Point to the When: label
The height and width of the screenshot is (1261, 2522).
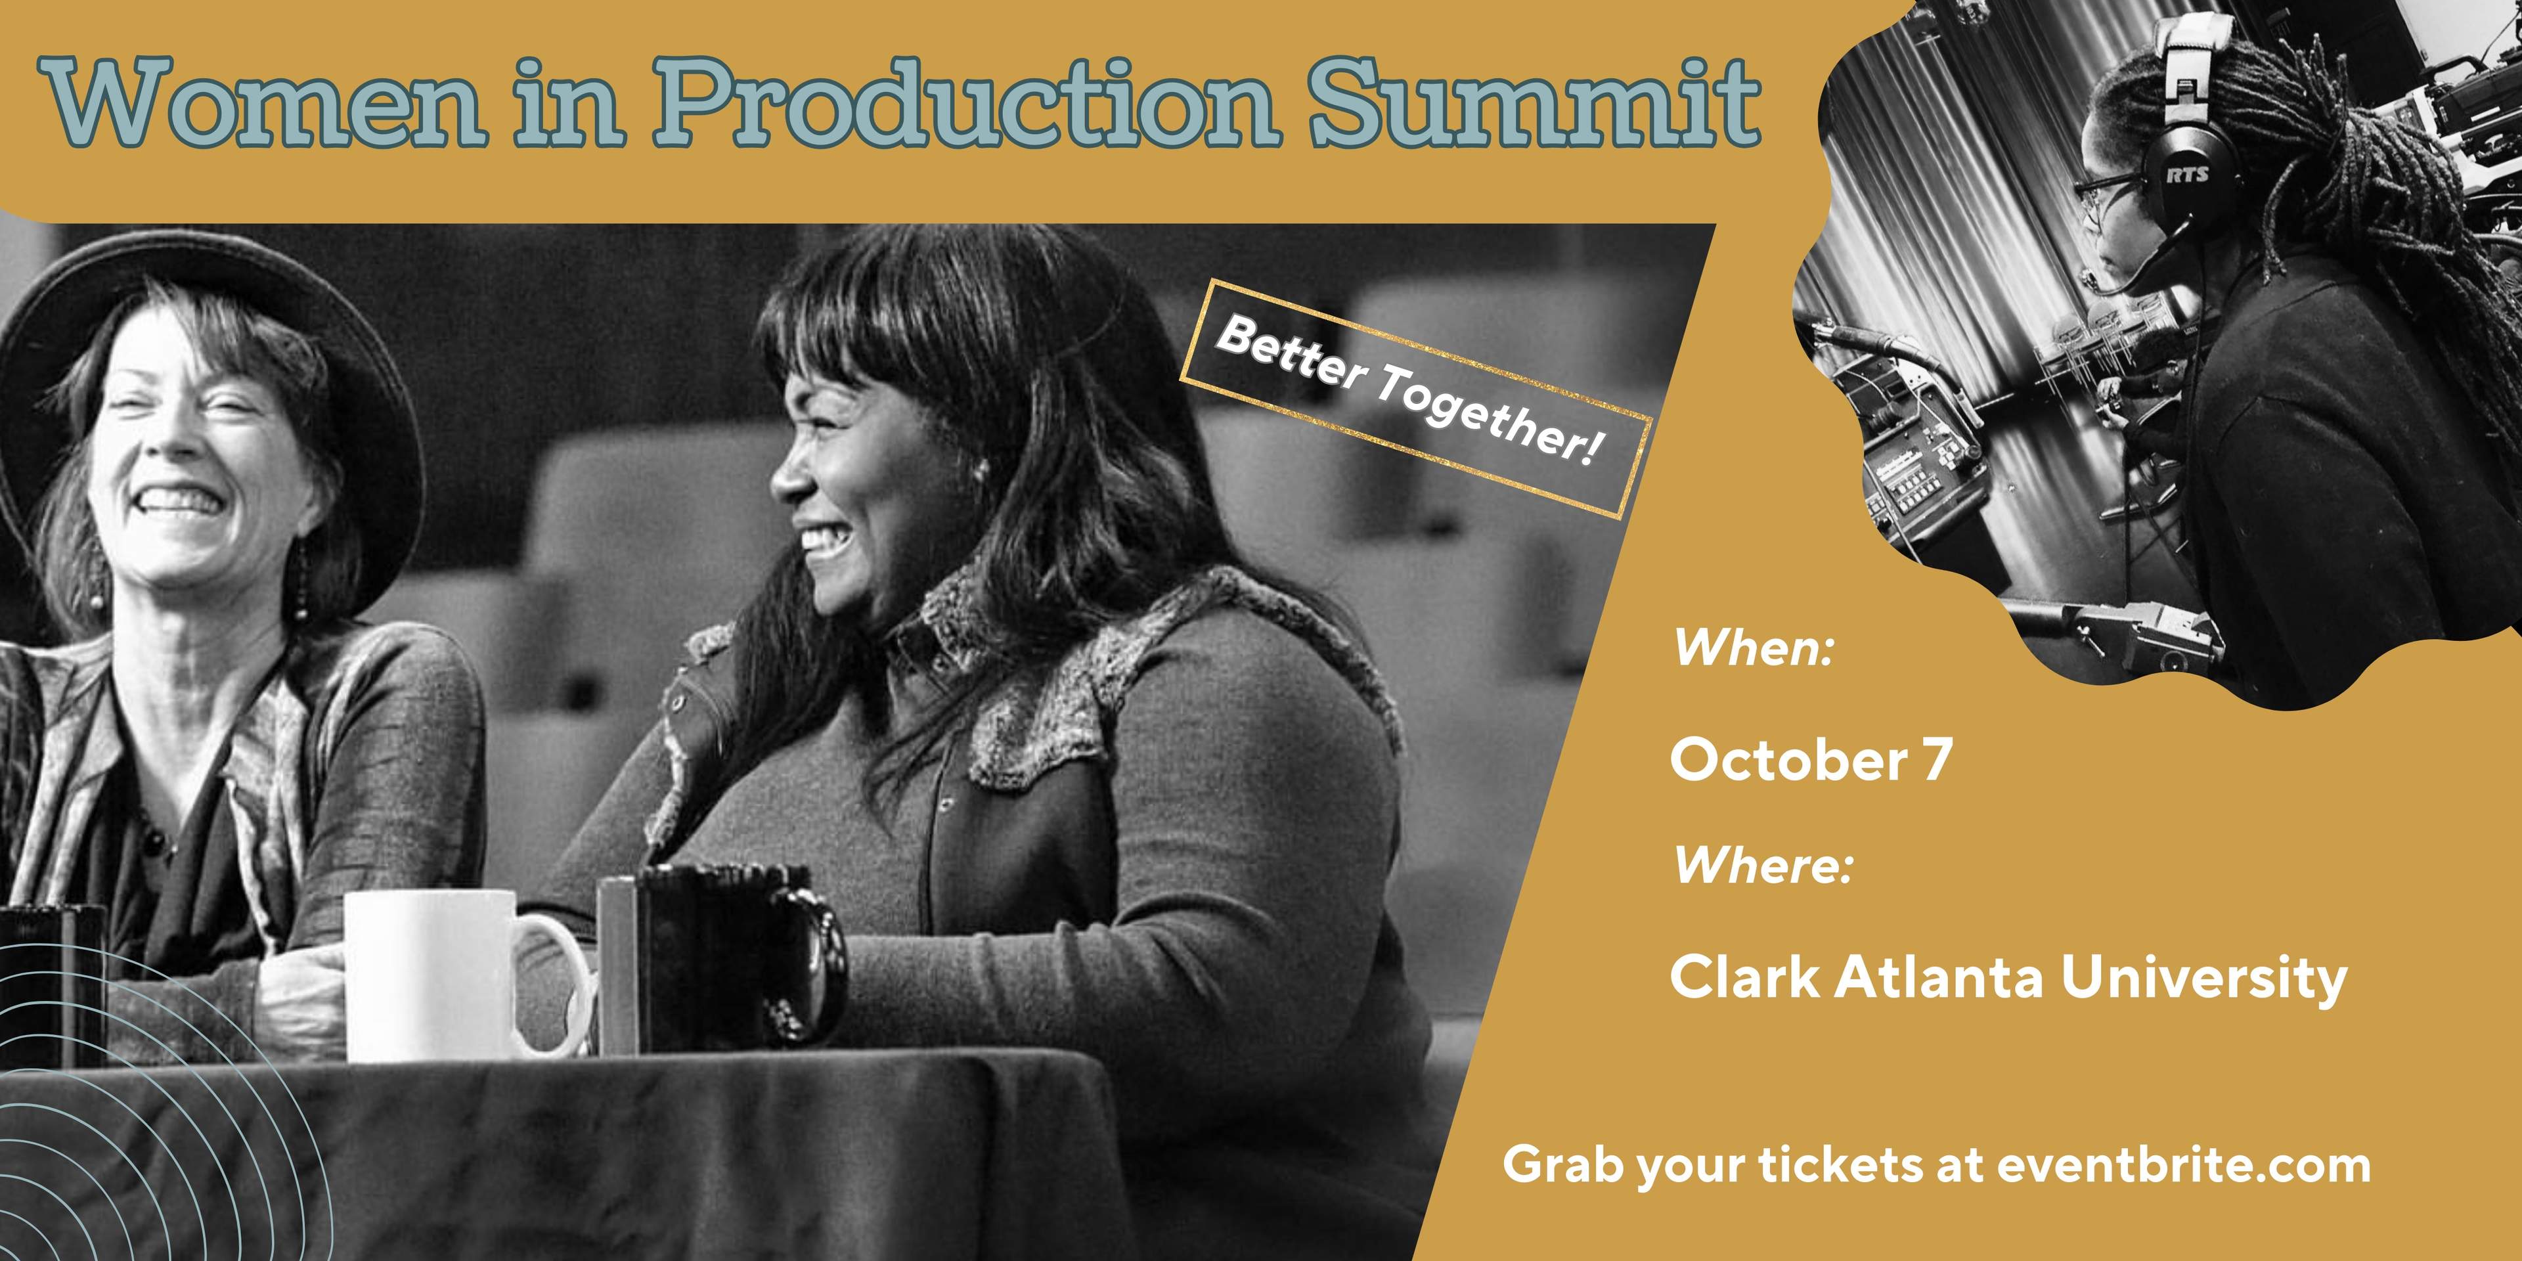click(1752, 648)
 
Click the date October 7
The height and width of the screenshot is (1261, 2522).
click(1811, 760)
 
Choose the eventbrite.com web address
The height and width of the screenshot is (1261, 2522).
click(2183, 1165)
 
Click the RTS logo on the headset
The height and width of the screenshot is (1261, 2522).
click(2186, 173)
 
